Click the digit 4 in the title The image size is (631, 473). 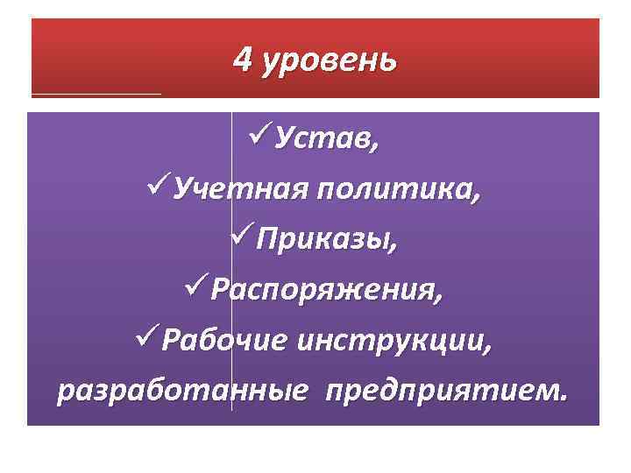[x=243, y=60]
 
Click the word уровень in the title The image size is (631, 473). [x=329, y=62]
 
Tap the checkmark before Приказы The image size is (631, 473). [x=242, y=236]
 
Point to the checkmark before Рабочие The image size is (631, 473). [x=149, y=336]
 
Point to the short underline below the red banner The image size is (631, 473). [x=96, y=92]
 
